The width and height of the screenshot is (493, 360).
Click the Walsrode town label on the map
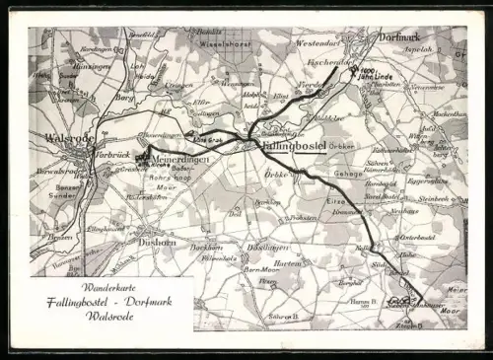point(67,138)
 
